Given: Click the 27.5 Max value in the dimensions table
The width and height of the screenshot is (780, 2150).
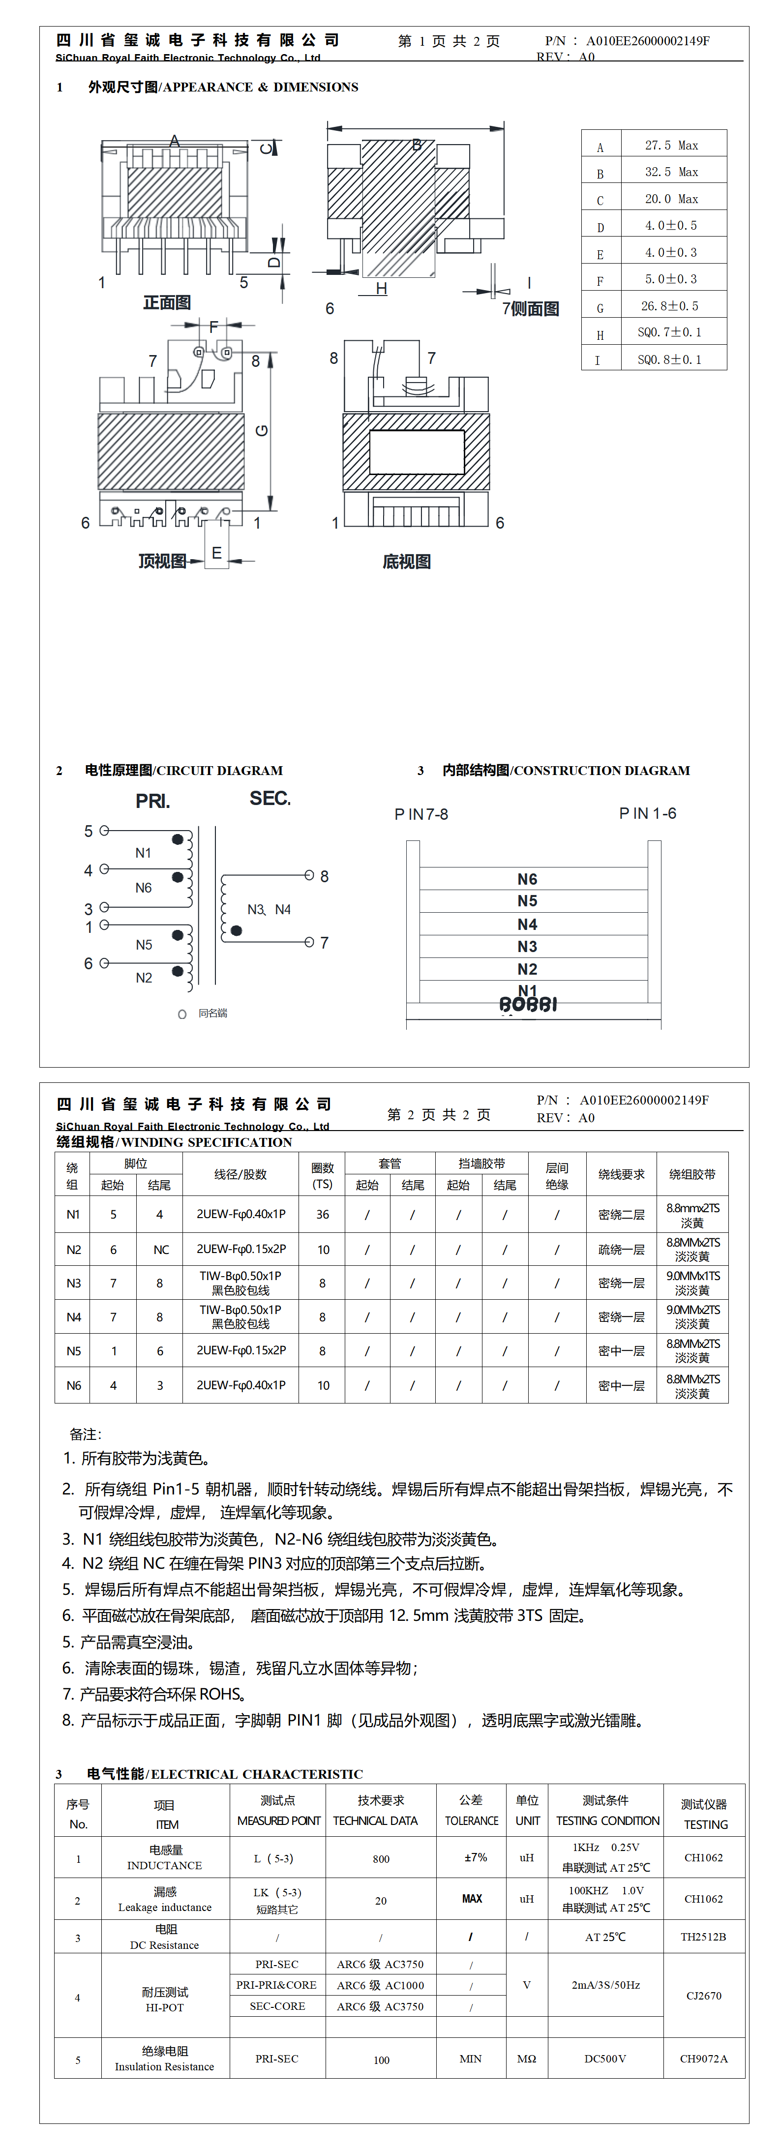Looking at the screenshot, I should (x=671, y=145).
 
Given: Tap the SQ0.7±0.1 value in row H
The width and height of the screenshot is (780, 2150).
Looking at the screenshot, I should (x=670, y=332).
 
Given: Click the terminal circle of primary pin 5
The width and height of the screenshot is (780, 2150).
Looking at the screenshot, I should (x=104, y=831).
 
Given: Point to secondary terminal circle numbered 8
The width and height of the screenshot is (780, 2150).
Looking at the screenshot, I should (x=309, y=875).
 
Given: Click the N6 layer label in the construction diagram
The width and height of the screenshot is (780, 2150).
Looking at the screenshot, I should (x=527, y=879).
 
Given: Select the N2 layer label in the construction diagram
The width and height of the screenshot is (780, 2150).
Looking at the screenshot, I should (x=527, y=969).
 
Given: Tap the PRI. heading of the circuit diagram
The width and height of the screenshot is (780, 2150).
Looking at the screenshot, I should (x=153, y=801).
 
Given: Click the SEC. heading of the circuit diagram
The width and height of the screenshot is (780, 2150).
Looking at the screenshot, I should (x=270, y=799).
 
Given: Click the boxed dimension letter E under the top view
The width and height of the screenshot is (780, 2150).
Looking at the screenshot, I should (x=216, y=553).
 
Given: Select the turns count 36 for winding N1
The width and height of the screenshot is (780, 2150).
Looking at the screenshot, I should (x=322, y=1214).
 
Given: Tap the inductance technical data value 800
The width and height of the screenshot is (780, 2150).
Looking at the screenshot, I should (x=381, y=1859).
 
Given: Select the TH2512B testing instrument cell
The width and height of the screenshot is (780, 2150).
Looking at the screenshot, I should (x=703, y=1937).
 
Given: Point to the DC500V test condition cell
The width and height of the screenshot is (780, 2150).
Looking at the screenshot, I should (x=605, y=2059).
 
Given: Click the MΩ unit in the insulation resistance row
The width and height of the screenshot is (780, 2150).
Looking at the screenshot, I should (x=526, y=2059).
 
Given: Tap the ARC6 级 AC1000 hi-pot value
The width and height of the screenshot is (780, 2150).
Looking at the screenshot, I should (x=380, y=1986).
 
